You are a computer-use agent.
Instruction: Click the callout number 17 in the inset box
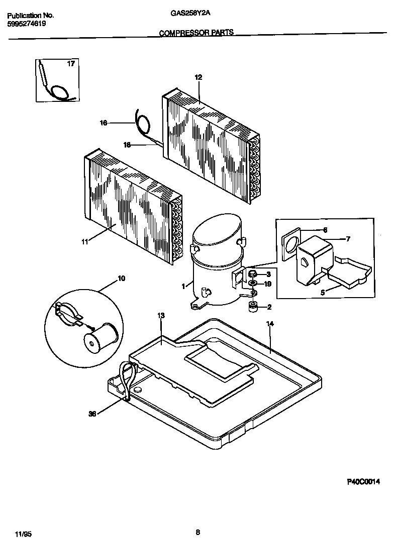pos(71,64)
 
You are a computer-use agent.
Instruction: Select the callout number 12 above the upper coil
pos(198,77)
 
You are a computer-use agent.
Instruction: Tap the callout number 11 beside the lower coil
pos(84,241)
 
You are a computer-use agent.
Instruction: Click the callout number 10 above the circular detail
pos(121,278)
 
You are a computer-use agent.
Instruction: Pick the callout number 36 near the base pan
pos(92,414)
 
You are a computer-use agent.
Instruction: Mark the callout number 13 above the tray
pos(161,316)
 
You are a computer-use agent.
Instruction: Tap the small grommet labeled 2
pos(253,307)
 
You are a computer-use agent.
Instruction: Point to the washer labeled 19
pos(253,285)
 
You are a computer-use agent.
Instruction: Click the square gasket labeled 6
pos(290,246)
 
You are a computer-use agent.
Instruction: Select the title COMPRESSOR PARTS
pos(196,33)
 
